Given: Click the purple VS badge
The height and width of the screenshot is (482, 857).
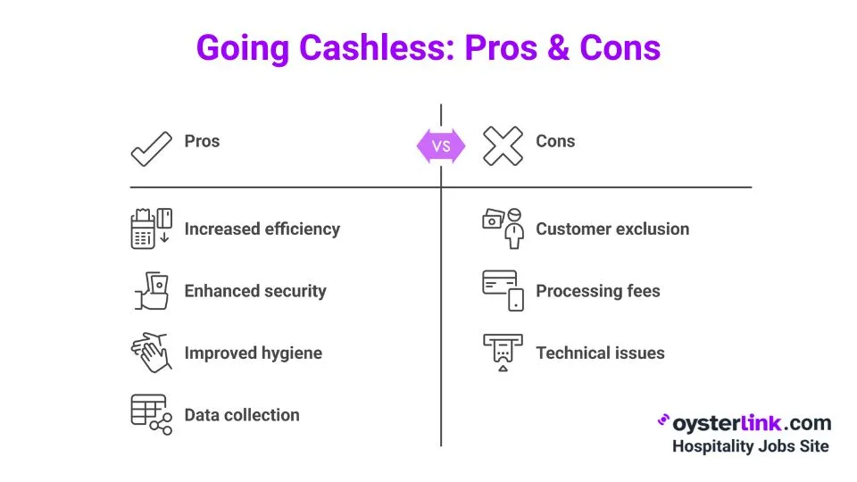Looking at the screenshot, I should point(441,145).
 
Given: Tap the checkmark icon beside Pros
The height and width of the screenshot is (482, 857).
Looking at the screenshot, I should point(152,148).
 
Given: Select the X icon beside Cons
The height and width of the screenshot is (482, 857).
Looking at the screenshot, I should point(503,145).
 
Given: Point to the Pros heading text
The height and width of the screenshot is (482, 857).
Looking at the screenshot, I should point(202,141).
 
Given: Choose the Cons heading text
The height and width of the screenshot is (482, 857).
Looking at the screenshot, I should point(555,141).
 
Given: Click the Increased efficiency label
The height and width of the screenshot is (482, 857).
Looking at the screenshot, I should point(262,229).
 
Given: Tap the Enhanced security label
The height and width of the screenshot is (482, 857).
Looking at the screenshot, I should point(255,291).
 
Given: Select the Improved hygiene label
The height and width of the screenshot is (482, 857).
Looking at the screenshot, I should point(253,353).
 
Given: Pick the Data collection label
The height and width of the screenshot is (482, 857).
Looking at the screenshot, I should point(242,415).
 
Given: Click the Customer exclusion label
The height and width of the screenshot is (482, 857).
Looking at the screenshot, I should point(612,229).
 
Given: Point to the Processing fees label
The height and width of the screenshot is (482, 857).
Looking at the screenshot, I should point(598,291).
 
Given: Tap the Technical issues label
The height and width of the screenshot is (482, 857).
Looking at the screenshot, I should point(600,353).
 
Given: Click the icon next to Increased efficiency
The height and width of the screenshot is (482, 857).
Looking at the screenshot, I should point(151,229).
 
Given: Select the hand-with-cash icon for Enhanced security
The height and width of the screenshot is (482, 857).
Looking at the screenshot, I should point(152,291).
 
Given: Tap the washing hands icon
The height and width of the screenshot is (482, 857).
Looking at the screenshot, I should point(151,353).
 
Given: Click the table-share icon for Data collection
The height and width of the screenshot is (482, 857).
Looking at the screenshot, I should point(151,414).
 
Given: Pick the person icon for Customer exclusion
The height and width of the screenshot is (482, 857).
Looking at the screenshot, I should point(503,228).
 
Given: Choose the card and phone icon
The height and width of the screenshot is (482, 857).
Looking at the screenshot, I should point(503,290).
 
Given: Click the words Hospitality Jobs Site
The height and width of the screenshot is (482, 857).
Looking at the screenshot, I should point(750,446).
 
